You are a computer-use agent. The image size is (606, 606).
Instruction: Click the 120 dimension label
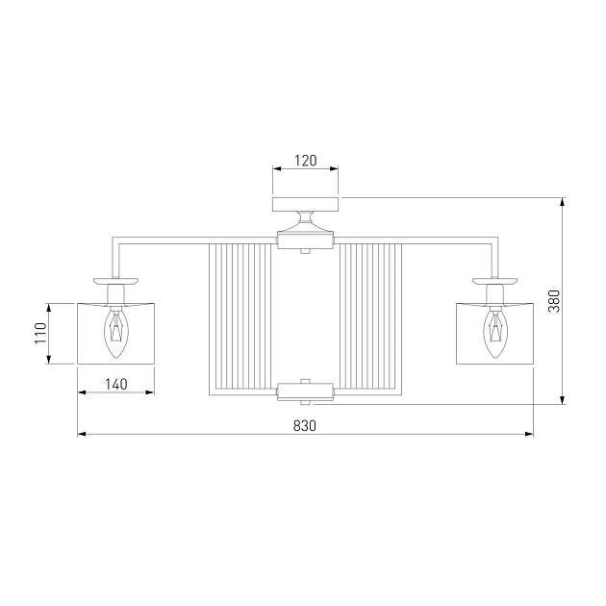click(x=305, y=160)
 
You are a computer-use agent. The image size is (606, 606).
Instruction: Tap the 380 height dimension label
click(x=554, y=301)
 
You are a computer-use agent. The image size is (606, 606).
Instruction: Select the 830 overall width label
click(x=305, y=425)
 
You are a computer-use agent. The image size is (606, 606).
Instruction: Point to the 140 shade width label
click(x=116, y=384)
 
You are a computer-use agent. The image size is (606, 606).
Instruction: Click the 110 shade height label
click(x=40, y=333)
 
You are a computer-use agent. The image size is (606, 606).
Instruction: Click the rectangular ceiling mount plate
click(x=305, y=205)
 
